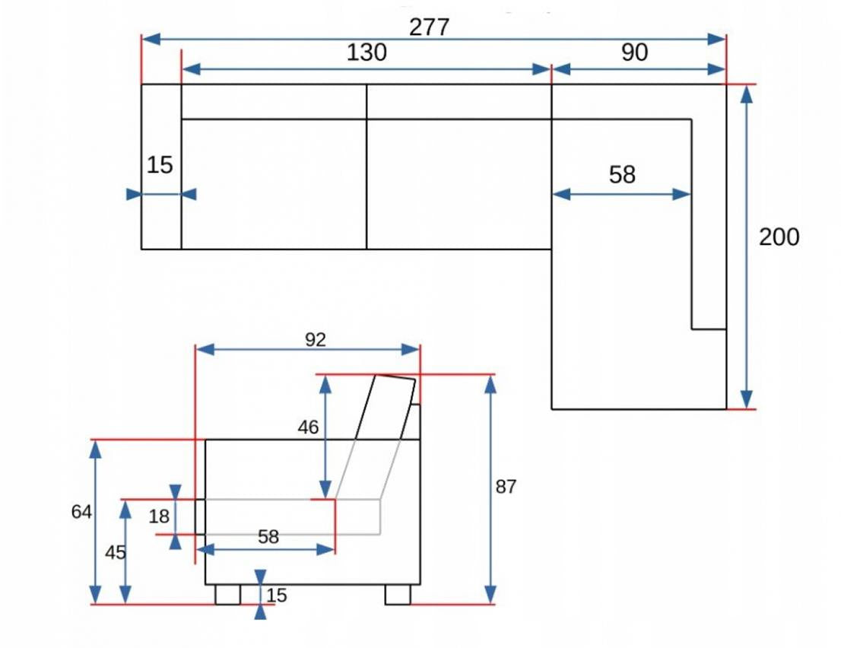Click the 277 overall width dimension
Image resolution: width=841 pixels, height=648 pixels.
(x=430, y=27)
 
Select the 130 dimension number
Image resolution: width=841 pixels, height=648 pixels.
(x=367, y=52)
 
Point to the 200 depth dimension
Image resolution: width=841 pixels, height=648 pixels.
(x=779, y=237)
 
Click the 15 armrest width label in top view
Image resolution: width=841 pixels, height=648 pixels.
(x=160, y=164)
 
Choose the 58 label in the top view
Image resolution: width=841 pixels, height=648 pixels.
(x=622, y=175)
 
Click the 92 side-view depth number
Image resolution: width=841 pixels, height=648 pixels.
(x=315, y=340)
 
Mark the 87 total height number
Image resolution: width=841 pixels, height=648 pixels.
(x=506, y=487)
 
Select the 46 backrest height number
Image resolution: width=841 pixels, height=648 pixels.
(x=308, y=427)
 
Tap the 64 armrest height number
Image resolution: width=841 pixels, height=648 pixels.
(x=81, y=513)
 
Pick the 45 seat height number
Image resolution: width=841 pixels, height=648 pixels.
(x=115, y=553)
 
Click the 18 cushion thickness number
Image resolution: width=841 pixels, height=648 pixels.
(x=159, y=517)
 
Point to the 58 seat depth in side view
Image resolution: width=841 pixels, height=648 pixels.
(x=268, y=537)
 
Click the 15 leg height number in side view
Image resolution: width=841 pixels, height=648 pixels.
(x=278, y=596)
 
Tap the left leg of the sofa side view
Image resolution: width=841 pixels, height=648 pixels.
(x=227, y=594)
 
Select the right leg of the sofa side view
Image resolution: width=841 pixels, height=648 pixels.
(x=398, y=594)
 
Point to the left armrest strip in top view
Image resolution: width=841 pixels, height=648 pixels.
(x=161, y=221)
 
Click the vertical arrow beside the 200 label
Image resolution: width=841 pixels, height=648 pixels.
(x=747, y=246)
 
